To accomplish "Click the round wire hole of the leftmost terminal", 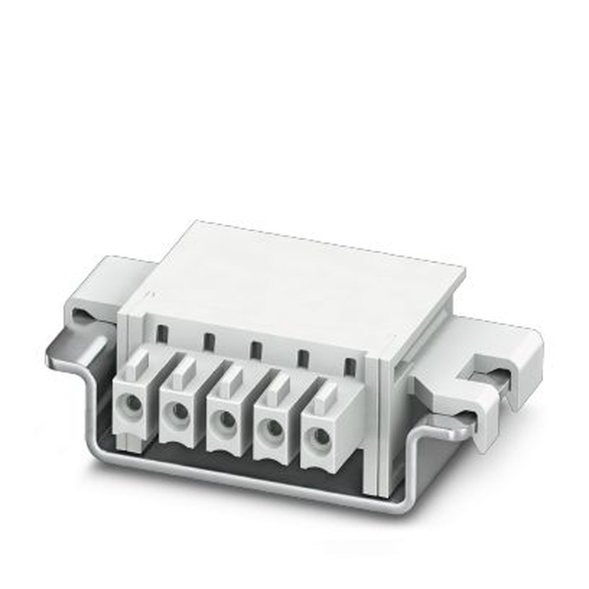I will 133,403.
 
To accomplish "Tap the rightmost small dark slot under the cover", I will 350,366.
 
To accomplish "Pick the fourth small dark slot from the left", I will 303,358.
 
